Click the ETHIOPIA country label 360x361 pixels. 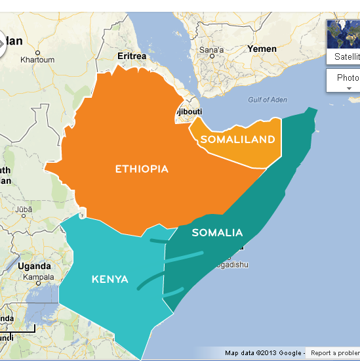tap(142, 169)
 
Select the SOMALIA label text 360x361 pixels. tap(217, 232)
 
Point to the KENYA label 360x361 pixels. tap(110, 280)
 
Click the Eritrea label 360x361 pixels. tap(132, 56)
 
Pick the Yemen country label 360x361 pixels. tap(262, 49)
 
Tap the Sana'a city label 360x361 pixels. tap(211, 50)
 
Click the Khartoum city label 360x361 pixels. tap(37, 60)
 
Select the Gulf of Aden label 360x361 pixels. tap(268, 100)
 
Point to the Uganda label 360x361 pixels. tap(34, 266)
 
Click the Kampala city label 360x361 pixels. tap(38, 276)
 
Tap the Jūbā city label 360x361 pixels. tap(24, 210)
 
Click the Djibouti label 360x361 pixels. tap(189, 111)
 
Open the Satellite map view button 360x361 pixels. tap(346, 56)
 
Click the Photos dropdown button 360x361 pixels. tap(348, 77)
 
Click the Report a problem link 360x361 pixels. tap(334, 353)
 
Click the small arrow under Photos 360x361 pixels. tap(349, 88)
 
